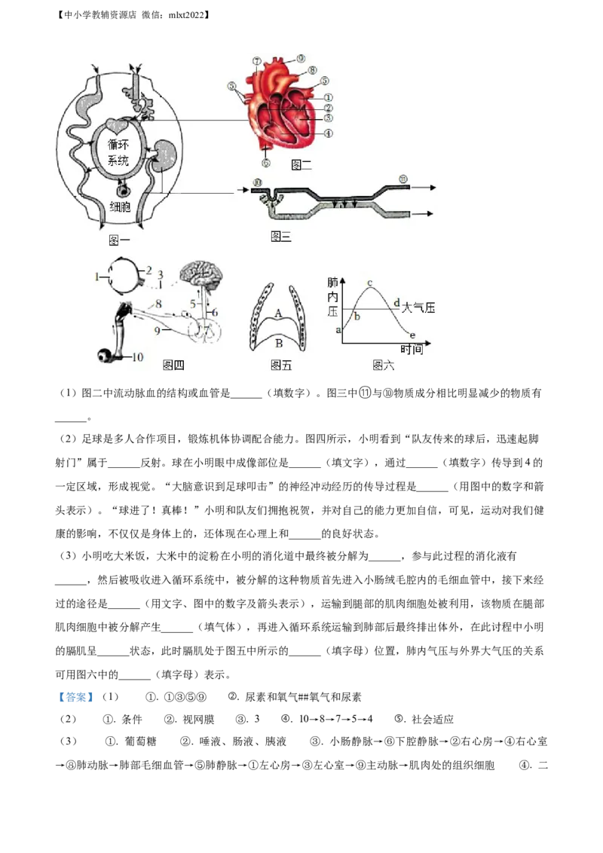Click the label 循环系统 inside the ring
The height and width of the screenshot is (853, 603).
coord(118,153)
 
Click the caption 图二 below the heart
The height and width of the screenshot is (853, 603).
coord(301,164)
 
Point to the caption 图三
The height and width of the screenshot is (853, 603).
coord(280,237)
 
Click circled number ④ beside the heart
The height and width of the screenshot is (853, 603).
coord(329,134)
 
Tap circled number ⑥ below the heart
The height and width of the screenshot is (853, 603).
coord(265,163)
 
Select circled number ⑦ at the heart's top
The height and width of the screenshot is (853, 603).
coord(256,60)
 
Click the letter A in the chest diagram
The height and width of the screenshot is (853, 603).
coord(278,313)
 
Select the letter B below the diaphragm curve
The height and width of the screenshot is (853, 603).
coord(278,343)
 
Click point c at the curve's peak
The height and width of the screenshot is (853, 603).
coord(369,283)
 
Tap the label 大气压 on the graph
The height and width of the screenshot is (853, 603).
coord(419,307)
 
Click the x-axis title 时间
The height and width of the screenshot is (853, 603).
coord(412,350)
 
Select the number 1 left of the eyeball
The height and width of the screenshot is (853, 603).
coord(97,277)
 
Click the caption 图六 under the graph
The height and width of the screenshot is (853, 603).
coord(384,365)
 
